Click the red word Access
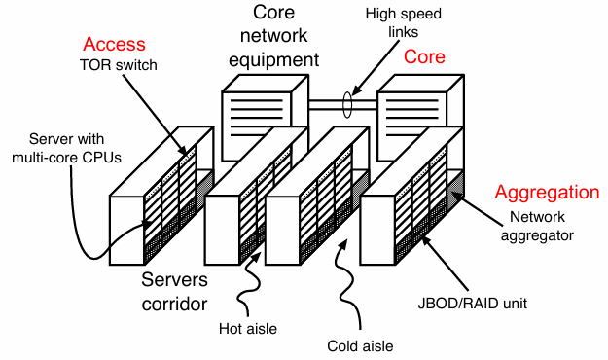pyautogui.click(x=114, y=44)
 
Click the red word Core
pyautogui.click(x=424, y=56)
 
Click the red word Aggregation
pyautogui.click(x=547, y=192)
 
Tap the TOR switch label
pyautogui.click(x=119, y=65)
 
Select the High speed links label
pyautogui.click(x=404, y=22)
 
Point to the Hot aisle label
pyautogui.click(x=248, y=329)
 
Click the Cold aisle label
pyautogui.click(x=360, y=346)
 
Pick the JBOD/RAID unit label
pyautogui.click(x=472, y=304)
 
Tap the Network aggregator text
pyautogui.click(x=537, y=226)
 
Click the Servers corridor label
pyautogui.click(x=174, y=292)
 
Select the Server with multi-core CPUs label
pyautogui.click(x=66, y=148)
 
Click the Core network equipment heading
pyautogui.click(x=273, y=36)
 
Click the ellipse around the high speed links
pyautogui.click(x=347, y=105)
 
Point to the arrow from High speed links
pyautogui.click(x=376, y=67)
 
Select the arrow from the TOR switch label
pyautogui.click(x=155, y=115)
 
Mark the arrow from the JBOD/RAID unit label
pyautogui.click(x=445, y=264)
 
